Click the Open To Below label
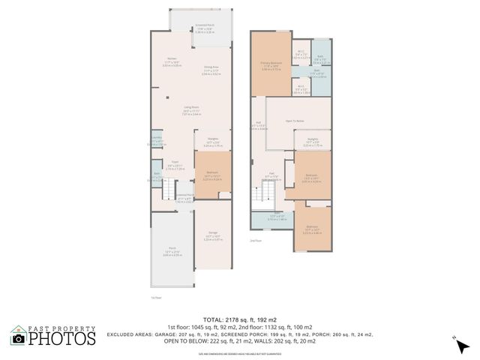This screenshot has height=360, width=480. pyautogui.click(x=294, y=120)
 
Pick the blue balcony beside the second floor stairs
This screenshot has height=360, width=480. pyautogui.click(x=271, y=218)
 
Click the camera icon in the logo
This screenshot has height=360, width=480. pyautogui.click(x=18, y=338)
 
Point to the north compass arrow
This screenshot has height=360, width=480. pyautogui.click(x=460, y=343)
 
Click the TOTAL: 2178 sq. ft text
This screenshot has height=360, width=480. pyautogui.click(x=240, y=320)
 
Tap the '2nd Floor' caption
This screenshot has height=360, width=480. pyautogui.click(x=256, y=241)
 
